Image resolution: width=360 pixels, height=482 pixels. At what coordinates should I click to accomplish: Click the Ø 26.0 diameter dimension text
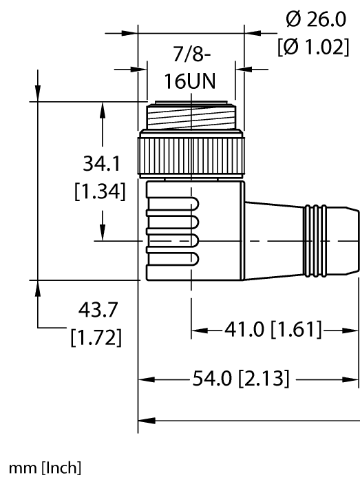(x=317, y=21)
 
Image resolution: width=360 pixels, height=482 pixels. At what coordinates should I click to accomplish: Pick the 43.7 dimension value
(x=98, y=311)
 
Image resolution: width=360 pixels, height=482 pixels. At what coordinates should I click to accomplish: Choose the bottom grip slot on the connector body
(x=172, y=259)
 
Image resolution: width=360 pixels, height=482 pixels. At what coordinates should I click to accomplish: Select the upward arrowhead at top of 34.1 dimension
(x=103, y=109)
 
